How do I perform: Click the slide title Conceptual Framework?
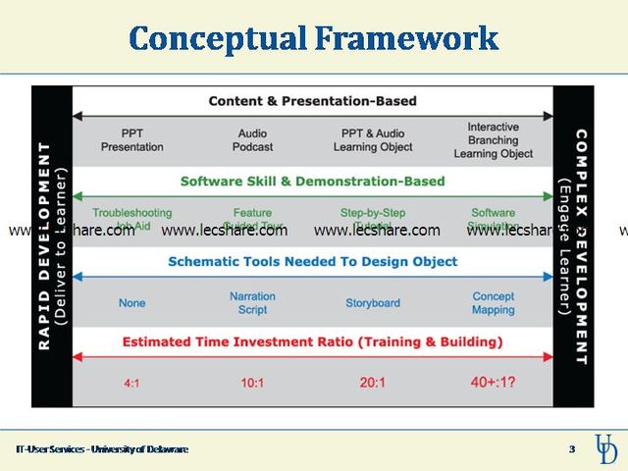click(313, 38)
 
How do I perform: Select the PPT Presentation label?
click(131, 140)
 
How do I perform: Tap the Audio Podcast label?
click(252, 140)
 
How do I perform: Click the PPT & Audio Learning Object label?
click(373, 140)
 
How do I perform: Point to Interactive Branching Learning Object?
click(494, 140)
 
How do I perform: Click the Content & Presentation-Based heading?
click(312, 101)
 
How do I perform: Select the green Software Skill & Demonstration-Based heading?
click(312, 182)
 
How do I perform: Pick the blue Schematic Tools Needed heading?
click(312, 262)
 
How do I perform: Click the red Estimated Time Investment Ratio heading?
click(312, 341)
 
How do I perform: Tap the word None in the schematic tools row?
click(131, 303)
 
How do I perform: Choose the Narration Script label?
click(252, 302)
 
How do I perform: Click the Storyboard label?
click(373, 303)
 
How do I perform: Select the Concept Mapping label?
click(494, 302)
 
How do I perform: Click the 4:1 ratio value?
click(131, 383)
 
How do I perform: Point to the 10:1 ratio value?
click(252, 383)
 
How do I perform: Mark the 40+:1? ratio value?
click(494, 383)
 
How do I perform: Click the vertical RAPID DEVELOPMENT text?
click(45, 245)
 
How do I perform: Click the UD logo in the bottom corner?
click(606, 448)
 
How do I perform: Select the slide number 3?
click(572, 449)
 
